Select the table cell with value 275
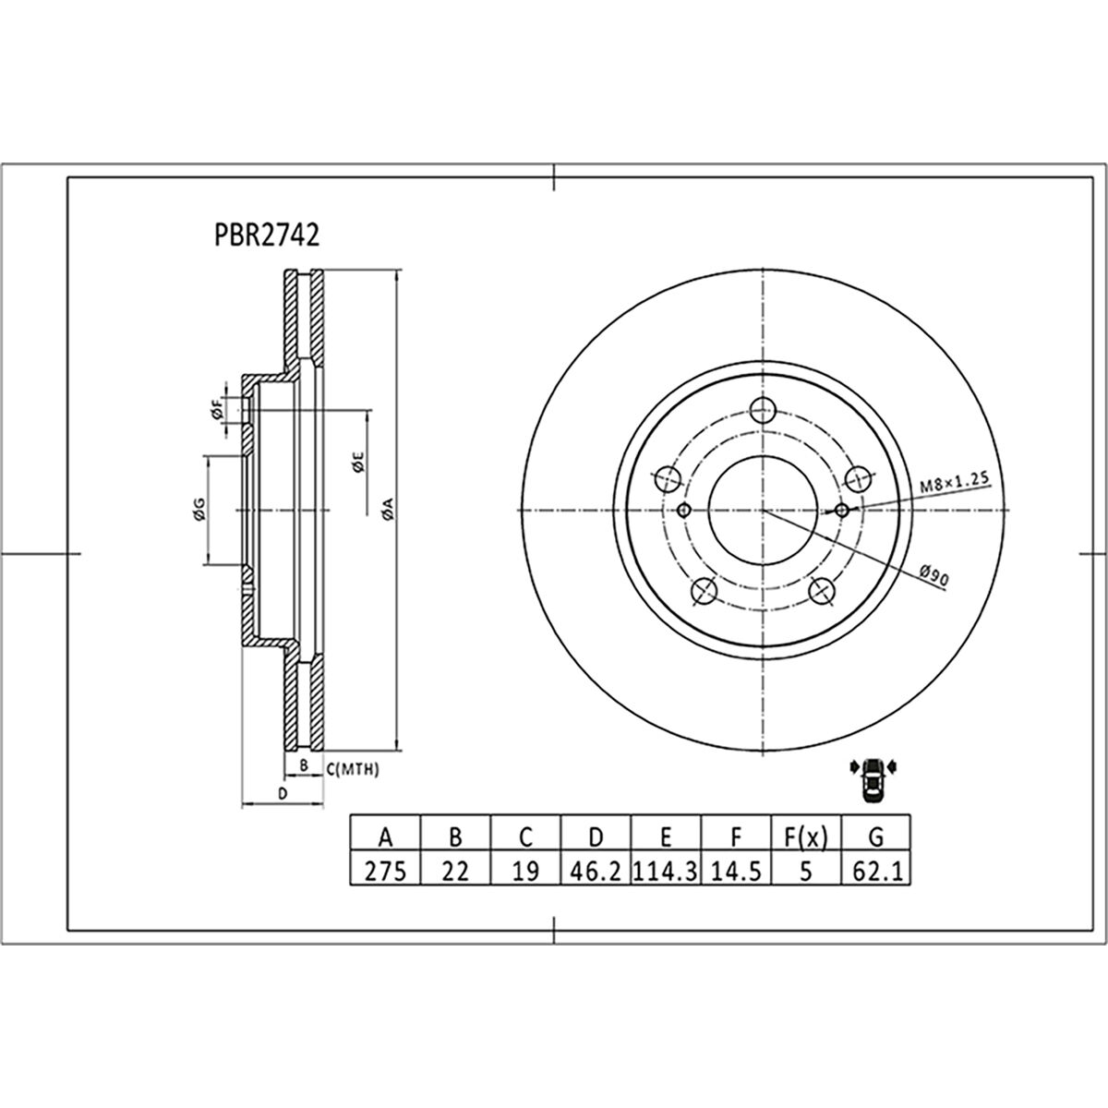click(386, 871)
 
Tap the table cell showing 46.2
click(596, 871)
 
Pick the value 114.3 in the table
click(666, 871)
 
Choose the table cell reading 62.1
click(876, 871)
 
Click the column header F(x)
click(805, 837)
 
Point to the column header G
click(876, 837)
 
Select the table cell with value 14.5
click(736, 871)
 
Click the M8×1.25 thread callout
click(954, 481)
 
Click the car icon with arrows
click(872, 780)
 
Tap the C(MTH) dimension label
click(353, 768)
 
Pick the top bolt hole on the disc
click(763, 410)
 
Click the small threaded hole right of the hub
click(841, 510)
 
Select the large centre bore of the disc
click(763, 510)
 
